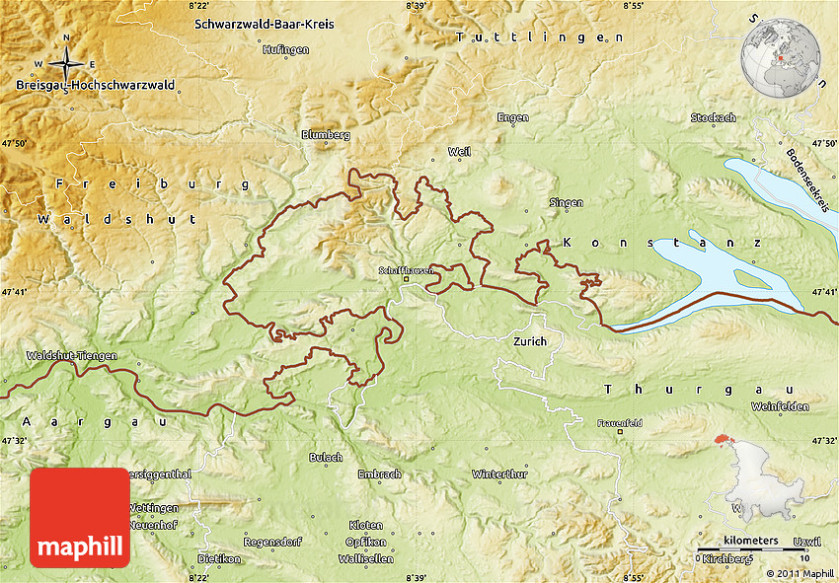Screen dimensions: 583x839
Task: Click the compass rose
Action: [x=66, y=64]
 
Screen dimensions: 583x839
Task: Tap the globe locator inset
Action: [x=782, y=55]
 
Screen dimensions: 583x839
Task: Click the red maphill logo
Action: [x=80, y=518]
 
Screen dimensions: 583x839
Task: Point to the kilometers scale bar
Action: [x=750, y=547]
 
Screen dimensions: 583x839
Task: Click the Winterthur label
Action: [x=499, y=474]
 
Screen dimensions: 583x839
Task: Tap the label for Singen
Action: [x=566, y=202]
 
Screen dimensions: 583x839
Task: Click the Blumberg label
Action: [x=326, y=133]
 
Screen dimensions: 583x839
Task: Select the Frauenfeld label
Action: [x=619, y=422]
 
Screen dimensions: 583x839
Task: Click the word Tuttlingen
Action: [x=540, y=36]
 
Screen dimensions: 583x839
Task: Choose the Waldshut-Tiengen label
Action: [x=72, y=355]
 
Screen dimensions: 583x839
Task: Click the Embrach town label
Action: [x=379, y=474]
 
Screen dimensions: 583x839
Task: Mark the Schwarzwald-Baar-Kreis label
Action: [x=264, y=23]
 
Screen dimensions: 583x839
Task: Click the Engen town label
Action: [x=512, y=117]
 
